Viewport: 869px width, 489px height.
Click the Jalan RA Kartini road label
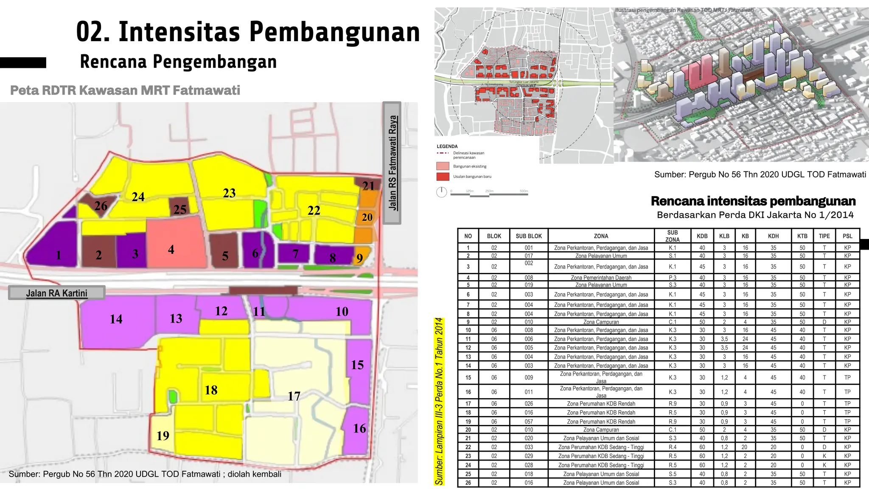tap(56, 293)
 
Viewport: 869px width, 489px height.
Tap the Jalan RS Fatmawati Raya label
tap(392, 163)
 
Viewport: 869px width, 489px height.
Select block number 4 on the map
tap(171, 249)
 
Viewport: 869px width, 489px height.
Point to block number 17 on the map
tap(294, 396)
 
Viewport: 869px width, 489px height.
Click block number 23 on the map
tap(229, 193)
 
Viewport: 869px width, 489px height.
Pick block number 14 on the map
tap(116, 319)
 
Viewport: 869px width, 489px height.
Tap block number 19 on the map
tap(163, 436)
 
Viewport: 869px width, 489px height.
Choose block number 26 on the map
tap(101, 206)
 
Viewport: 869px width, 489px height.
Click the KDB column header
tap(702, 236)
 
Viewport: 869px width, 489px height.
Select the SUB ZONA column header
tap(673, 236)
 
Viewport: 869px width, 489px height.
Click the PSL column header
tap(847, 236)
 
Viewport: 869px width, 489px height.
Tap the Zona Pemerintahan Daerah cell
tap(601, 278)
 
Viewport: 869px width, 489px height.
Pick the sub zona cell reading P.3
tap(673, 278)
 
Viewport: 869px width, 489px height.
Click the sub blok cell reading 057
tap(528, 422)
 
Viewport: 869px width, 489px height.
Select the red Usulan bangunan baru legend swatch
tap(443, 177)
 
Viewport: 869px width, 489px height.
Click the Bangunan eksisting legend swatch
tap(443, 166)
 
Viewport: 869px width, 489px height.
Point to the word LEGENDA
tap(447, 146)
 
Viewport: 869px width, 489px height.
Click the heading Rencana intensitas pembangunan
tap(753, 201)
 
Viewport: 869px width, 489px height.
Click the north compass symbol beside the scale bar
tap(442, 192)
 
